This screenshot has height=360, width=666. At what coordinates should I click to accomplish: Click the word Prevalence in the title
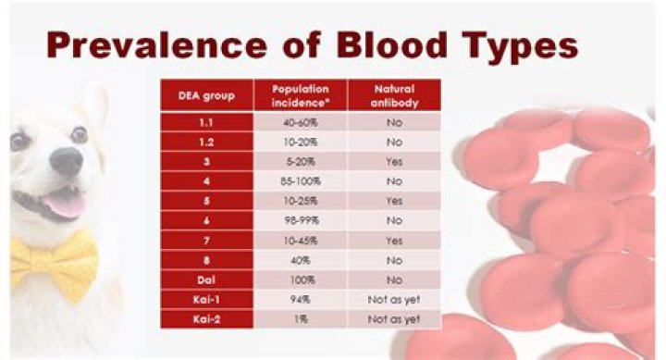149,43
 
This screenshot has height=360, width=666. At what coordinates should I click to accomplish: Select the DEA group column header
206,95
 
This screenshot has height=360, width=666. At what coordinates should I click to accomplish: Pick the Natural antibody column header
393,95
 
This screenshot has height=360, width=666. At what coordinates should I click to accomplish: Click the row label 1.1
206,120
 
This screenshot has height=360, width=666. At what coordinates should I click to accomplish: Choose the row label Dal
206,279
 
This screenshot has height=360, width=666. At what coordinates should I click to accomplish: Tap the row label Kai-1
206,299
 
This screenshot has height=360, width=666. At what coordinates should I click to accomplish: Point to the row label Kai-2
206,318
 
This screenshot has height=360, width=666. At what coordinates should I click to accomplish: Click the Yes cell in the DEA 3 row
393,160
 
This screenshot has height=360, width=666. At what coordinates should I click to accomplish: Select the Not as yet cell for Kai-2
393,318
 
